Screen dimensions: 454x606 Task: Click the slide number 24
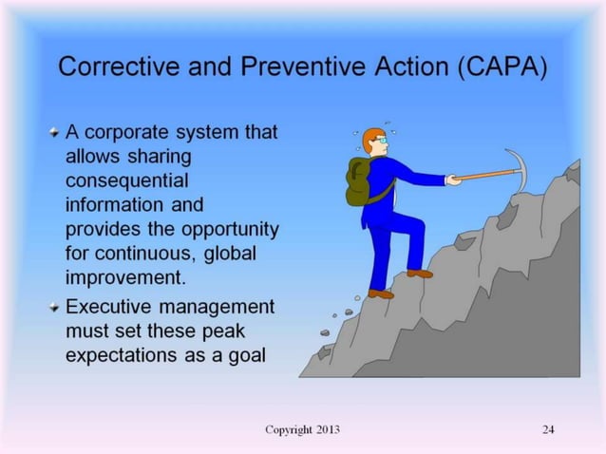point(548,429)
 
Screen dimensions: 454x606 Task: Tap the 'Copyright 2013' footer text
point(302,429)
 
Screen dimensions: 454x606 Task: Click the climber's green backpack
point(357,182)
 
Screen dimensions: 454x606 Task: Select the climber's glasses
point(381,142)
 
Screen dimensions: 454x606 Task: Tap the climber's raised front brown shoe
point(420,273)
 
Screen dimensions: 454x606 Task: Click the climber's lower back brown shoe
point(381,293)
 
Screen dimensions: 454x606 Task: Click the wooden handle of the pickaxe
point(484,175)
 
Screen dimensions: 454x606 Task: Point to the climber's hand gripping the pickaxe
point(453,179)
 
